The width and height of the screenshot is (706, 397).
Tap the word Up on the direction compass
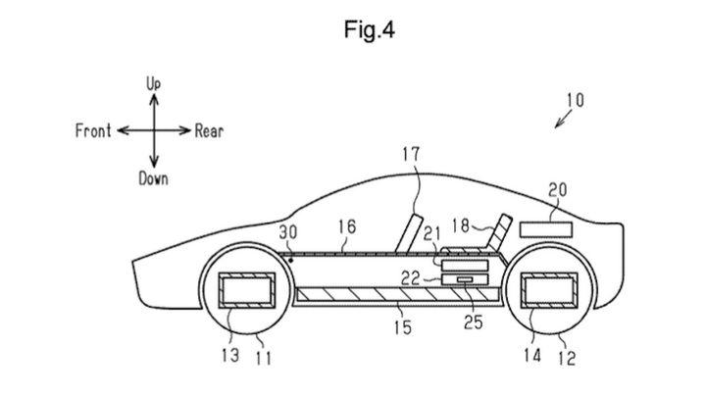pos(154,86)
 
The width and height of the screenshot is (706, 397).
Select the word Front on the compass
pos(93,131)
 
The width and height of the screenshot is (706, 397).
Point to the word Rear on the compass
pos(209,131)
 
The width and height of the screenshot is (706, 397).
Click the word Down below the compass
pos(153,178)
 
